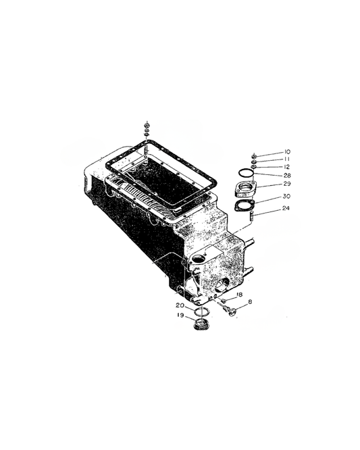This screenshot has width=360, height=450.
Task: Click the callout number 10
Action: [287, 152]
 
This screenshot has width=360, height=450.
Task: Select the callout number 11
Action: [286, 159]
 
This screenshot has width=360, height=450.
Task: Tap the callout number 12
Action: [286, 167]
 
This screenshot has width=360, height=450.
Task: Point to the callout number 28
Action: [287, 176]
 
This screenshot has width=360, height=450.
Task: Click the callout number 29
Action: [287, 184]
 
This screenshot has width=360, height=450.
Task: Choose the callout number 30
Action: [286, 197]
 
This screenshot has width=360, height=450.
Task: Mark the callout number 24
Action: [286, 208]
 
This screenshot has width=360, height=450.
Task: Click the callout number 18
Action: [240, 295]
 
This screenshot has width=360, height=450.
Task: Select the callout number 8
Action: [250, 301]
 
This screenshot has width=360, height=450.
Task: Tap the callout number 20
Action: [180, 305]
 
